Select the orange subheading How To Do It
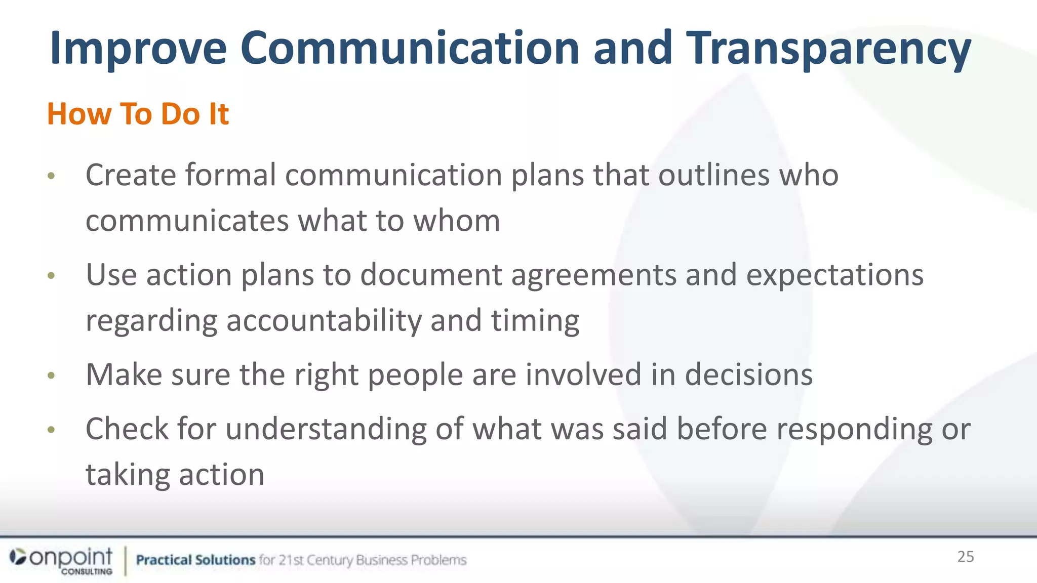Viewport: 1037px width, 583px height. click(x=138, y=113)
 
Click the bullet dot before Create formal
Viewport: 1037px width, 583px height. click(x=51, y=176)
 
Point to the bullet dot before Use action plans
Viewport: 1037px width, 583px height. click(x=51, y=276)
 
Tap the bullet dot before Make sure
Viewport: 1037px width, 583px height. click(x=51, y=376)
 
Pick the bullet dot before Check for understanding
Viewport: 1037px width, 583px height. click(x=51, y=430)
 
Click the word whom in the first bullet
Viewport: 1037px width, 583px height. click(x=457, y=221)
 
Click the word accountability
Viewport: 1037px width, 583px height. click(x=324, y=321)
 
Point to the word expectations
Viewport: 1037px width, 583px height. click(x=834, y=275)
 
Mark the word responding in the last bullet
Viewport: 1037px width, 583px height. click(x=854, y=430)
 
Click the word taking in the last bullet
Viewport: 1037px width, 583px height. click(x=127, y=475)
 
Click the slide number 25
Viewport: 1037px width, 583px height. click(x=965, y=557)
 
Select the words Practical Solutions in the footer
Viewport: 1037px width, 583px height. click(x=195, y=560)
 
